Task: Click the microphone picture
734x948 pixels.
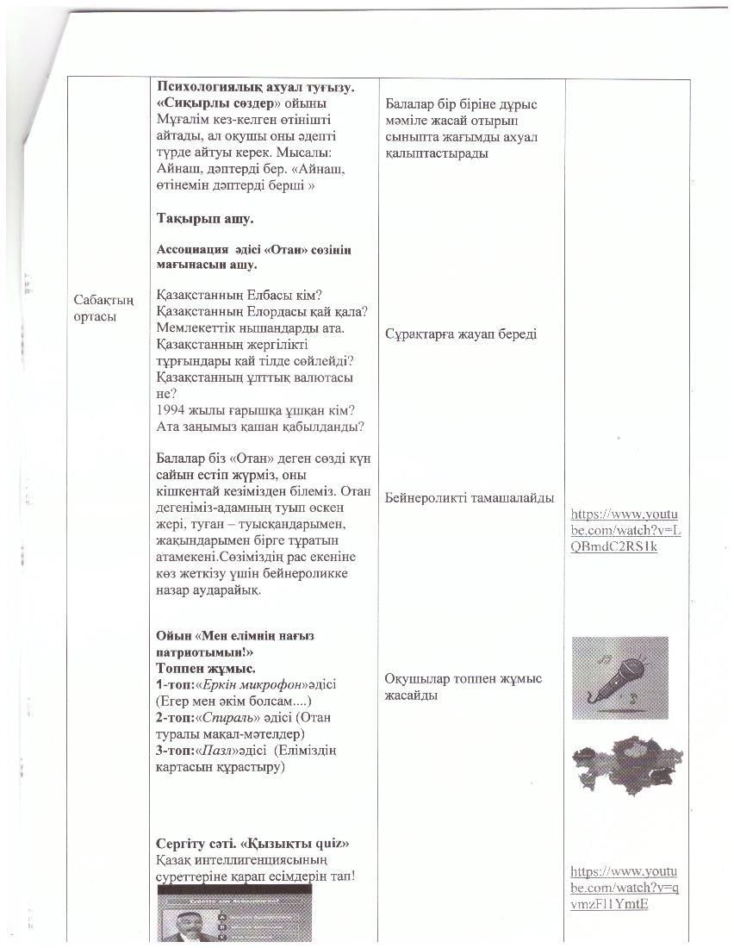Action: [619, 677]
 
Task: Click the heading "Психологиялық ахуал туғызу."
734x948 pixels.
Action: [255, 87]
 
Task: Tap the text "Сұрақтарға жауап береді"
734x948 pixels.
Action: [461, 334]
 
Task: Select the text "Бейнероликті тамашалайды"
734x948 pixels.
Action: [470, 497]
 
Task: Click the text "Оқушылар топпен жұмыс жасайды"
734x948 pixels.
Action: [463, 687]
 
